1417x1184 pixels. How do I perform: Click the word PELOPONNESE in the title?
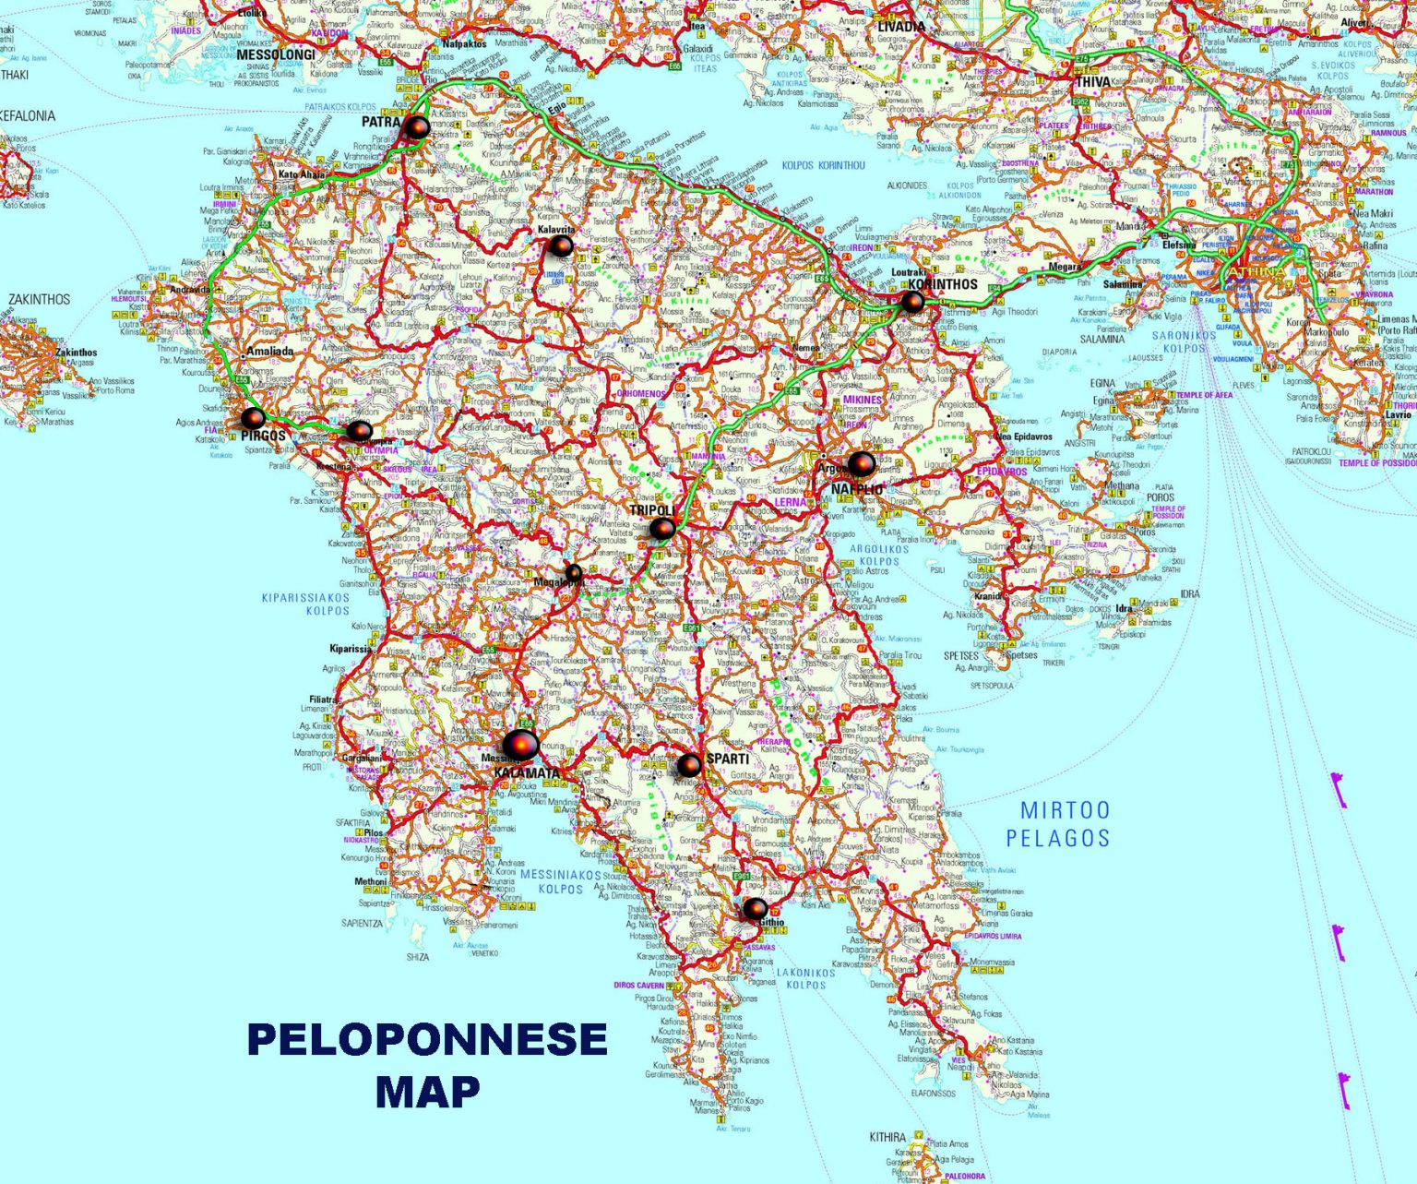(427, 1040)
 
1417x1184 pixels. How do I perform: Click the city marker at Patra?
(417, 126)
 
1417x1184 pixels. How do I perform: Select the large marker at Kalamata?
(520, 744)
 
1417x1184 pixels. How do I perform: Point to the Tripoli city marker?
(662, 529)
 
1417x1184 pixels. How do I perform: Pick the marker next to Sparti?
(689, 765)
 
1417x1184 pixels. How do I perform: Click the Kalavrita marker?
(560, 245)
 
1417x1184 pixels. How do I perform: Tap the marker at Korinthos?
(912, 302)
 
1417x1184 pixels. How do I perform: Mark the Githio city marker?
(755, 910)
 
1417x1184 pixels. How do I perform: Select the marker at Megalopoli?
(574, 573)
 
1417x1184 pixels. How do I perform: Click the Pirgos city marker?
(254, 418)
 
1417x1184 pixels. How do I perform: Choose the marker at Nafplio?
(861, 463)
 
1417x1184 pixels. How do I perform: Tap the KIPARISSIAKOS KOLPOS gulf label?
(305, 604)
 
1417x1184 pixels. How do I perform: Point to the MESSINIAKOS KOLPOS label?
(561, 881)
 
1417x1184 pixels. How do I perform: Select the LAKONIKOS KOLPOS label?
(804, 978)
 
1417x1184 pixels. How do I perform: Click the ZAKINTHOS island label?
(39, 300)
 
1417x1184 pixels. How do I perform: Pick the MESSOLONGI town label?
(276, 54)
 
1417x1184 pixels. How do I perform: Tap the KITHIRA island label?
(887, 1138)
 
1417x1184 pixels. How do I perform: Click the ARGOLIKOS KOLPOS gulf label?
(879, 555)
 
